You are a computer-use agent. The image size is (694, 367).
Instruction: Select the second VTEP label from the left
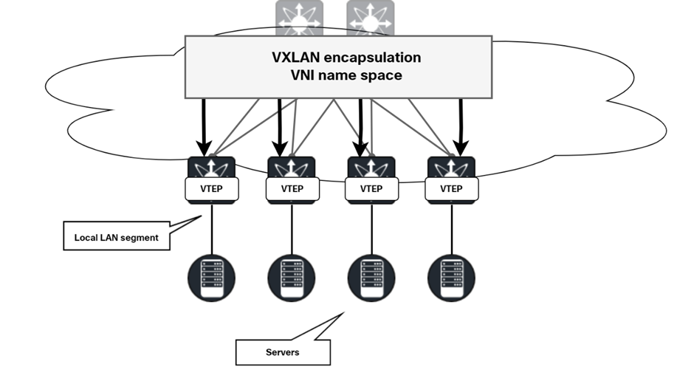point(292,188)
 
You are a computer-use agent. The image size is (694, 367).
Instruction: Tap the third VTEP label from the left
point(371,188)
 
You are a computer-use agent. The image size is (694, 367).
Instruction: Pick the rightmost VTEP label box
point(451,188)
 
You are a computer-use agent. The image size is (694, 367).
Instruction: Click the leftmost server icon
point(213,278)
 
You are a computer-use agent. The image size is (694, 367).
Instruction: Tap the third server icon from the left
point(371,278)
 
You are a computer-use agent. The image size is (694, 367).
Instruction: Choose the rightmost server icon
point(451,278)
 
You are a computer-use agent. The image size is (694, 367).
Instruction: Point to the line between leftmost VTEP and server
point(213,229)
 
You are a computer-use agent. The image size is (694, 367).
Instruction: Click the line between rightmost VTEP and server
point(451,229)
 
